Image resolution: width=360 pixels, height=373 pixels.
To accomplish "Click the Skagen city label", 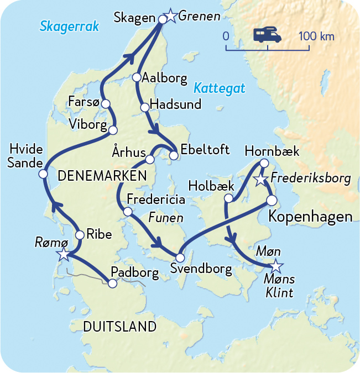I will pyautogui.click(x=134, y=18).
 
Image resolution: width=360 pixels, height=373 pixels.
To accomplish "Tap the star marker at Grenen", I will pyautogui.click(x=171, y=17).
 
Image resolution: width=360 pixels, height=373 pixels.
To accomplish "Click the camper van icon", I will pyautogui.click(x=268, y=35).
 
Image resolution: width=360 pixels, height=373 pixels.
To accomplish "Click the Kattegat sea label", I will pyautogui.click(x=219, y=88).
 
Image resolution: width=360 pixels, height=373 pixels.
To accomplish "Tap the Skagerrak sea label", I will pyautogui.click(x=69, y=25).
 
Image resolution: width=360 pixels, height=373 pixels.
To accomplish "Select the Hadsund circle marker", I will pyautogui.click(x=145, y=107).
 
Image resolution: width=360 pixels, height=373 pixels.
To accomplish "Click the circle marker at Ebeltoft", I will pyautogui.click(x=174, y=155).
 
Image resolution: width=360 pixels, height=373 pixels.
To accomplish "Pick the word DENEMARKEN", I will pyautogui.click(x=102, y=176).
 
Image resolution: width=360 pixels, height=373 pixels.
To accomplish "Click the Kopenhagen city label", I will pyautogui.click(x=310, y=216).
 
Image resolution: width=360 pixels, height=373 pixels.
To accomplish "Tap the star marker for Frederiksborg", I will pyautogui.click(x=260, y=180).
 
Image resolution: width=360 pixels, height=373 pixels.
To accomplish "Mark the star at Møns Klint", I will pyautogui.click(x=275, y=267).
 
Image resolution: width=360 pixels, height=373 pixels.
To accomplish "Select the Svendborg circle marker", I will pyautogui.click(x=180, y=258).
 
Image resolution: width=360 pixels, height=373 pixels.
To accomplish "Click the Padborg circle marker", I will pyautogui.click(x=112, y=283).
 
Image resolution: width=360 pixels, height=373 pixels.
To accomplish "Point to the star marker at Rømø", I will pyautogui.click(x=64, y=254).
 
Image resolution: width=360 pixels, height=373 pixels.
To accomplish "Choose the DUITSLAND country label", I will pyautogui.click(x=119, y=327).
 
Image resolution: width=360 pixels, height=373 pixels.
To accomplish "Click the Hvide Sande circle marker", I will pyautogui.click(x=43, y=174).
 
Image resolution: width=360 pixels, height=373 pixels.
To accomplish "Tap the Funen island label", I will pyautogui.click(x=166, y=218).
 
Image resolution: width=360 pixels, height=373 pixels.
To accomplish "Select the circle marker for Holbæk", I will pyautogui.click(x=228, y=198).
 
